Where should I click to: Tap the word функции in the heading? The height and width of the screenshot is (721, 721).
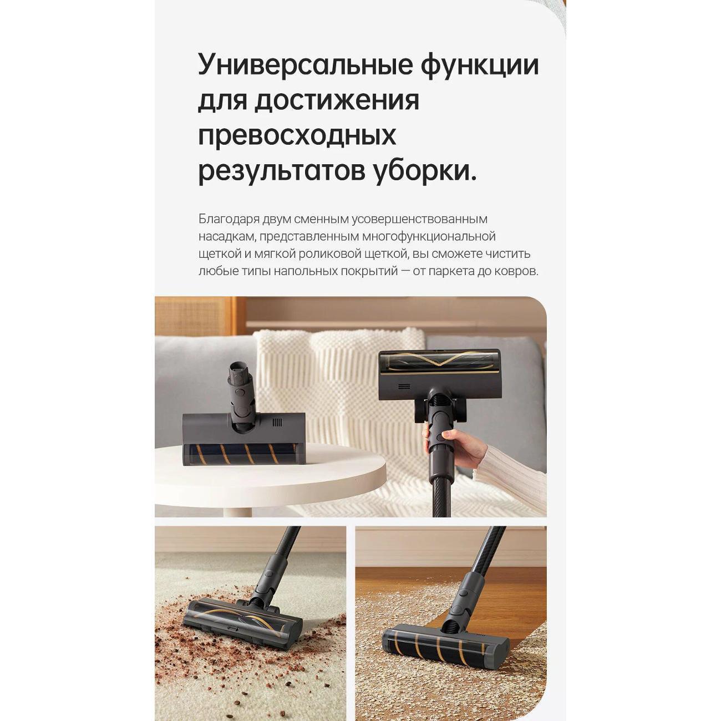tap(480, 65)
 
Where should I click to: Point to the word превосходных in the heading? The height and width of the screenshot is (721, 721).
tap(297, 136)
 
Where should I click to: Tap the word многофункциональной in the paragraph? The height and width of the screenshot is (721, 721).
tap(429, 236)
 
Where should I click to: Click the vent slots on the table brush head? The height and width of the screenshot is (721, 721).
tap(277, 423)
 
